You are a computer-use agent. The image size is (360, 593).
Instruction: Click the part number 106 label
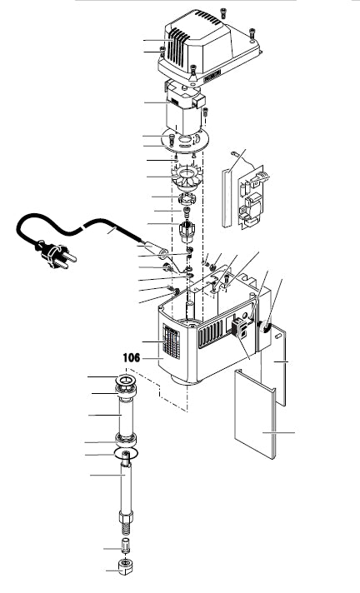coord(132,357)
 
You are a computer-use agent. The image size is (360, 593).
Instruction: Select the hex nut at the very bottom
coord(126,566)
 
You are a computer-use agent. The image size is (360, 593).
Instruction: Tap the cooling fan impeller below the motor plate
coord(187,178)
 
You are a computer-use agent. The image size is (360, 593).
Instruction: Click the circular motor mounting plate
coord(185,140)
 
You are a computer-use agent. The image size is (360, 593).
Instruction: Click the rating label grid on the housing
coord(171,341)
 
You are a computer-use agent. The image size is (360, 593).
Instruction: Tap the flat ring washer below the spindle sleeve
coord(126,453)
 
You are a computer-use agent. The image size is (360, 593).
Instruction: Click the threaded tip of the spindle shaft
coord(126,528)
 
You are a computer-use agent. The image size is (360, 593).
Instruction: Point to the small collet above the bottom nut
coord(125,545)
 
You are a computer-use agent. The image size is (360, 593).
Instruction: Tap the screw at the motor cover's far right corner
coord(252,33)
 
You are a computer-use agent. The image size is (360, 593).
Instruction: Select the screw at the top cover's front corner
coord(194,70)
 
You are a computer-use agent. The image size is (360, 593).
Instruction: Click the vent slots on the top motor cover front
coord(178,46)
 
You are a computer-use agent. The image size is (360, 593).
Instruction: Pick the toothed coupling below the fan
coord(186,198)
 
